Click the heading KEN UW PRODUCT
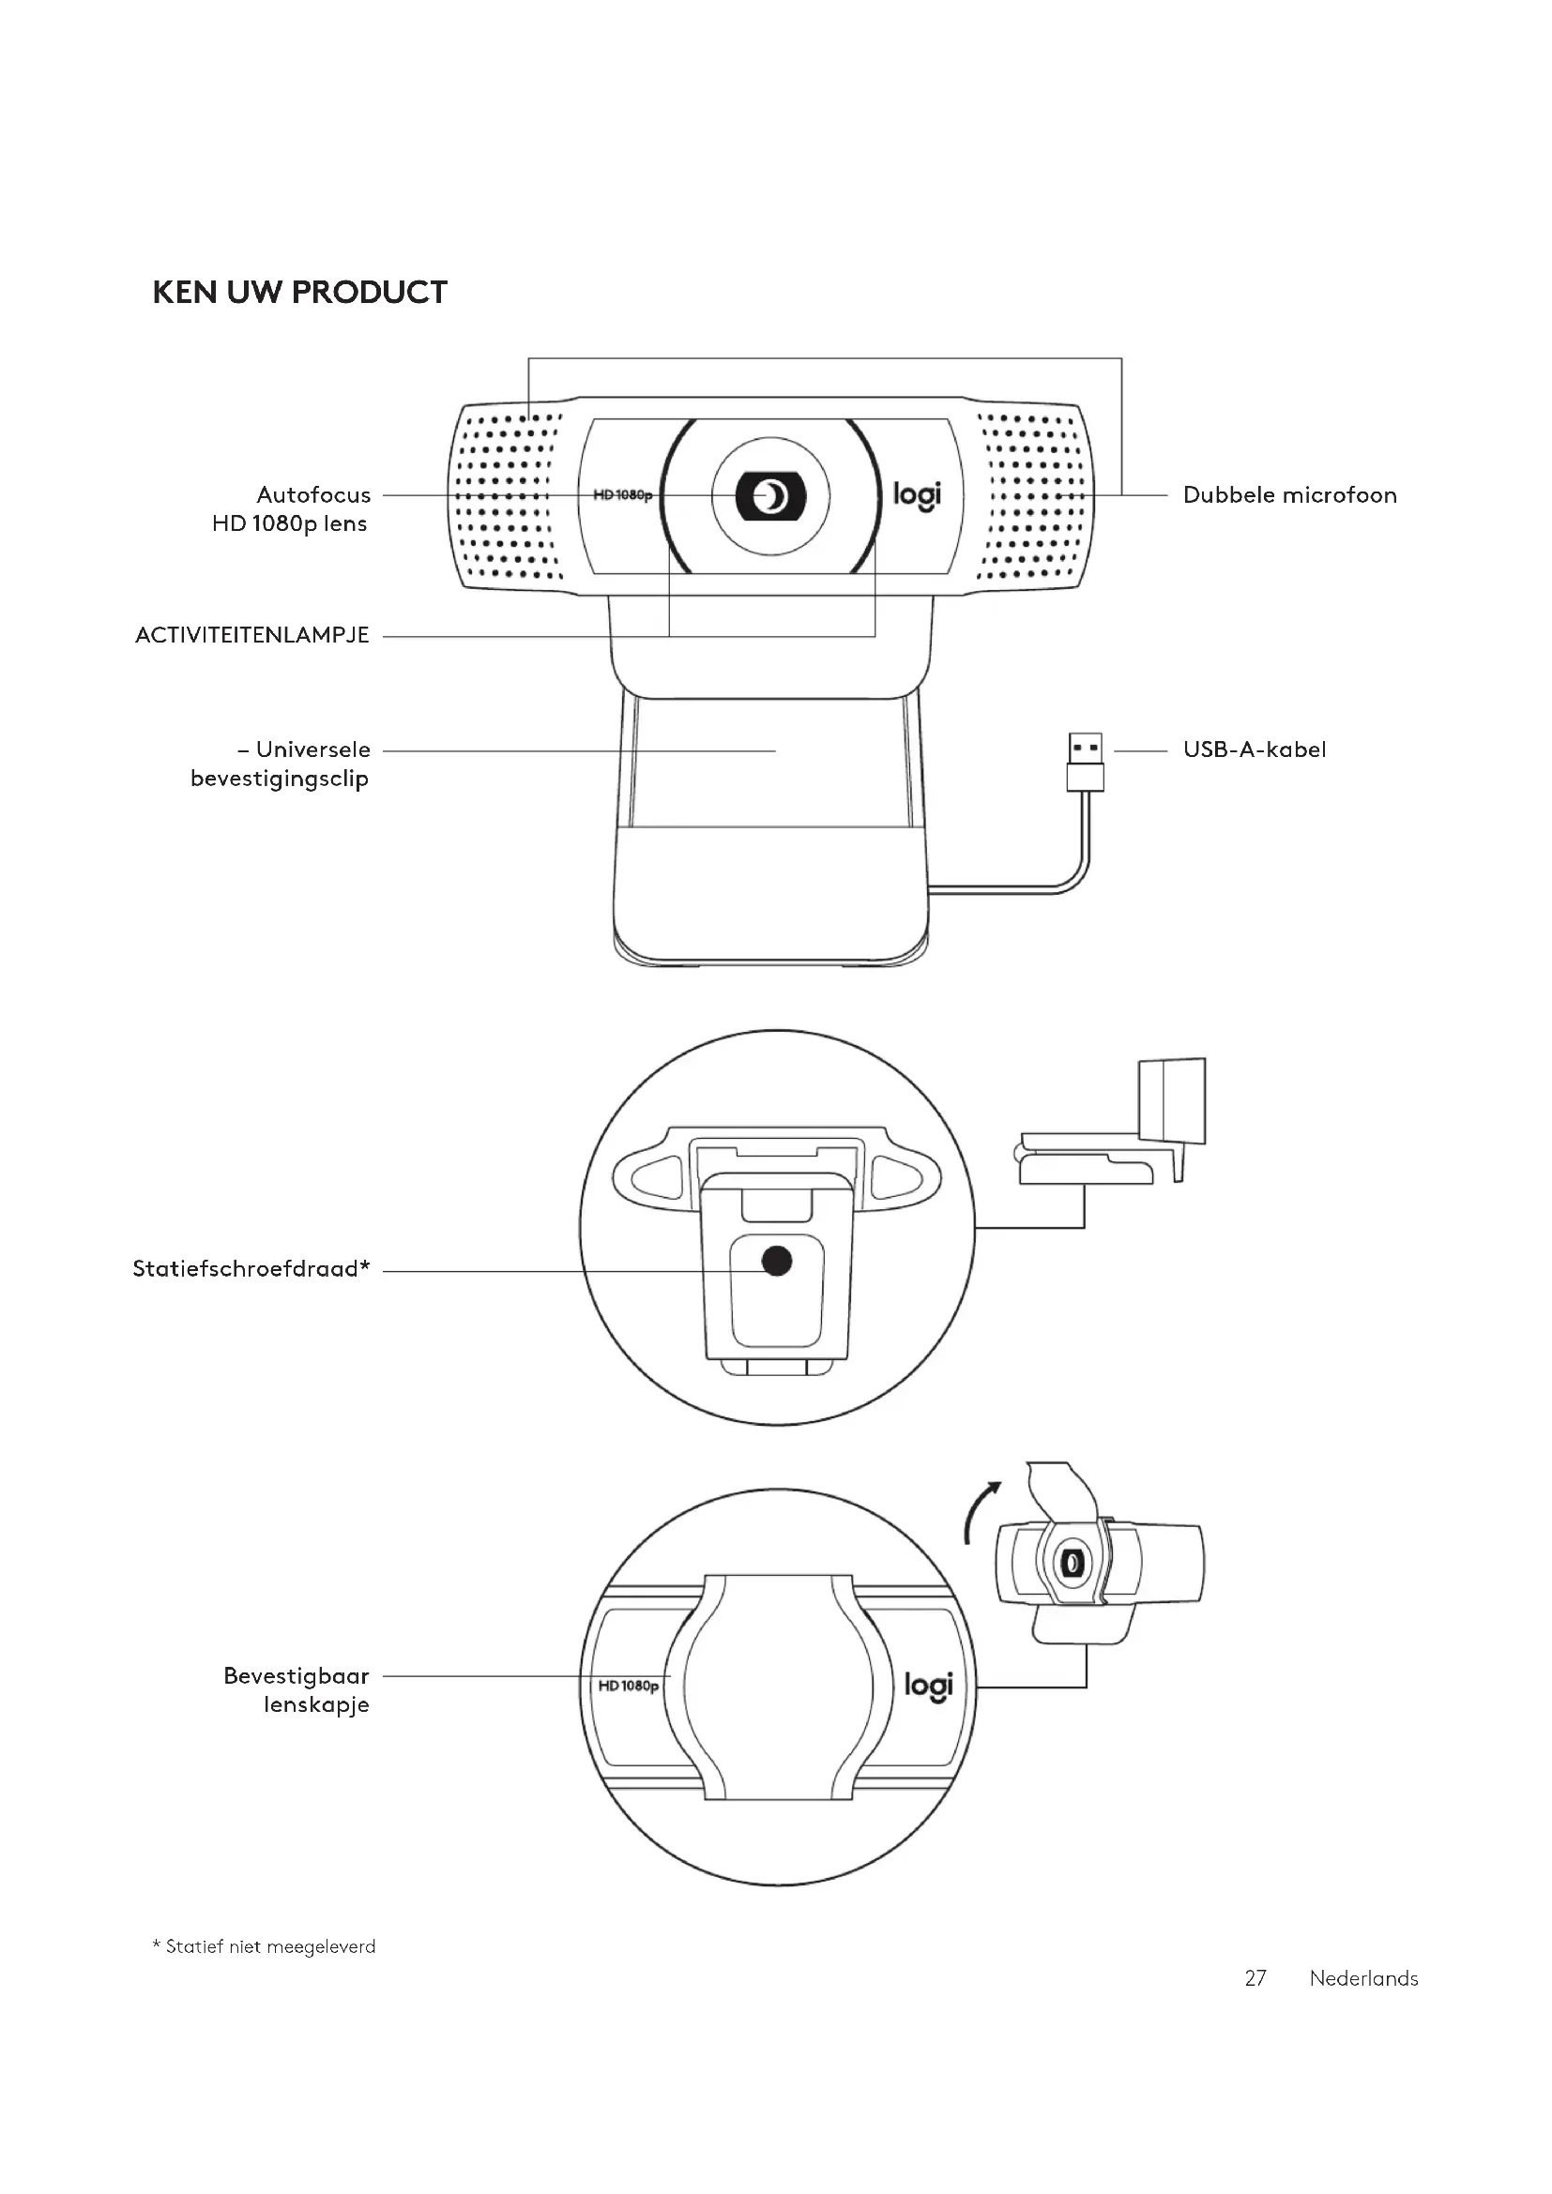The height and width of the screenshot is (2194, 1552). [x=300, y=293]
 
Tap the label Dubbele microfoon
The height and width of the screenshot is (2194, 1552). [x=1289, y=495]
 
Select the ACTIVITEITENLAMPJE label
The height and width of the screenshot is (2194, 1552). [x=252, y=635]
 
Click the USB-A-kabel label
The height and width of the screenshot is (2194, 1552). [x=1254, y=749]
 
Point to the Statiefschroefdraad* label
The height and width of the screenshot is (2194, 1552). [x=251, y=1269]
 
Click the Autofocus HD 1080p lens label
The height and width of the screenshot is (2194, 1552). [x=292, y=508]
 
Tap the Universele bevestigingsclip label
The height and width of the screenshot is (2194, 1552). [x=281, y=764]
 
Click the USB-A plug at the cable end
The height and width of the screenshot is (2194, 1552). [x=1085, y=761]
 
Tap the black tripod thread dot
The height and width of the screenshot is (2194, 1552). [x=777, y=1262]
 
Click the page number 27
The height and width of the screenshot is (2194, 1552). [x=1255, y=1978]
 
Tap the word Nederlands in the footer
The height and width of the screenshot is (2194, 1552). [x=1362, y=1978]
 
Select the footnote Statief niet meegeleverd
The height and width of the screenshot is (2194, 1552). [x=265, y=1946]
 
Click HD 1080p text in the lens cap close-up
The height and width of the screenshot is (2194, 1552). [x=628, y=1686]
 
